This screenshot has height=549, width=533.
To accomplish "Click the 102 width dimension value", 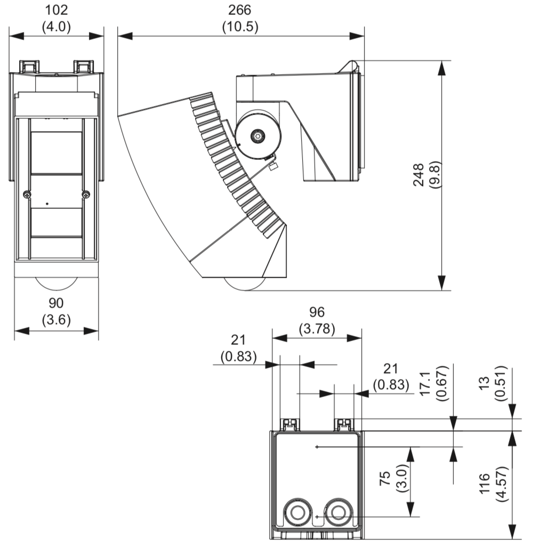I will click(56, 10).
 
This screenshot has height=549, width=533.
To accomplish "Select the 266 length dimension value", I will click(240, 10).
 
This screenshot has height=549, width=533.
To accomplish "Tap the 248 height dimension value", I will click(419, 175).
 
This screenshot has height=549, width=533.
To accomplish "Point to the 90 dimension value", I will click(56, 303).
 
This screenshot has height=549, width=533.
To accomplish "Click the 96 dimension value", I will click(317, 312).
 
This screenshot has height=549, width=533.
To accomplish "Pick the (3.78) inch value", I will click(317, 329).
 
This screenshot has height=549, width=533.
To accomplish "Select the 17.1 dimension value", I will click(425, 383).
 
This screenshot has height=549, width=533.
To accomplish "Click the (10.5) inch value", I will click(240, 27).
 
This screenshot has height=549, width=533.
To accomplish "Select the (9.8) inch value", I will click(435, 175).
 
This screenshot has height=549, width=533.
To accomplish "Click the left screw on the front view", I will click(27, 195).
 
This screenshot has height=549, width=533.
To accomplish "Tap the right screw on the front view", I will click(86, 195).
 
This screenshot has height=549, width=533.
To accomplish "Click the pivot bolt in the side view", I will click(259, 136).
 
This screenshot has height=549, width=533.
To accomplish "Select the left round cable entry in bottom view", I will click(296, 513).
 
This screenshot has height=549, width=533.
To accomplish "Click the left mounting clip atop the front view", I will click(29, 66).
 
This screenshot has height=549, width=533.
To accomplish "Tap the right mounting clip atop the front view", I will click(83, 66).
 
